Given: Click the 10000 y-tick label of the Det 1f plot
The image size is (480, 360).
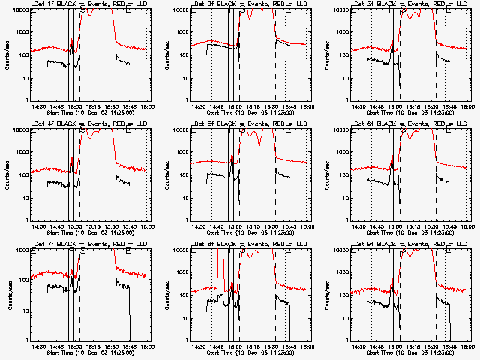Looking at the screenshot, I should pos(18,11).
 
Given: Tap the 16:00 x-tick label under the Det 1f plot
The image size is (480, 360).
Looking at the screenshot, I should pos(148,107).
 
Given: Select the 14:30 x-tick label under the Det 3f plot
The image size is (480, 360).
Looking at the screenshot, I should pos(359,107).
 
